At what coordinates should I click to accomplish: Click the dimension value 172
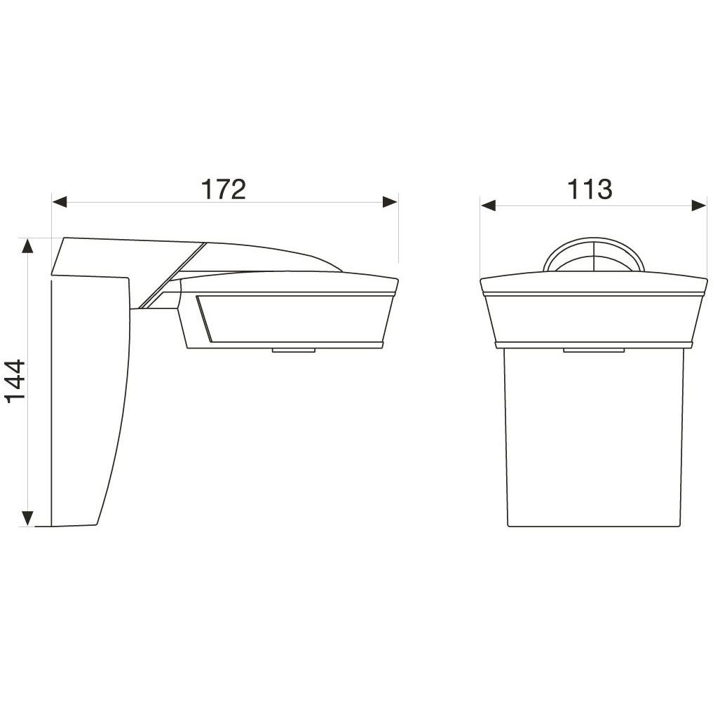224,189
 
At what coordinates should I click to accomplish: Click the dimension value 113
590,189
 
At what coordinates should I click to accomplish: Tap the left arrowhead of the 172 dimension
60,203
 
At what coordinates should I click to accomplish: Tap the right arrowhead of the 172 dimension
390,203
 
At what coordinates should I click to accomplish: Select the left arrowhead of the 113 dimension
488,205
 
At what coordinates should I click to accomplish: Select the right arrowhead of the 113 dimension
698,205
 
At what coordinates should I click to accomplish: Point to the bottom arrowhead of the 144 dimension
27,518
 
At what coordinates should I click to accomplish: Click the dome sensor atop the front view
593,256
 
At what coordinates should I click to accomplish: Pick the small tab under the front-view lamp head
593,349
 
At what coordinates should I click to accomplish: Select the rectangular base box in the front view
593,438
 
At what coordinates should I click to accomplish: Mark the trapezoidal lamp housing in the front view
593,319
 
